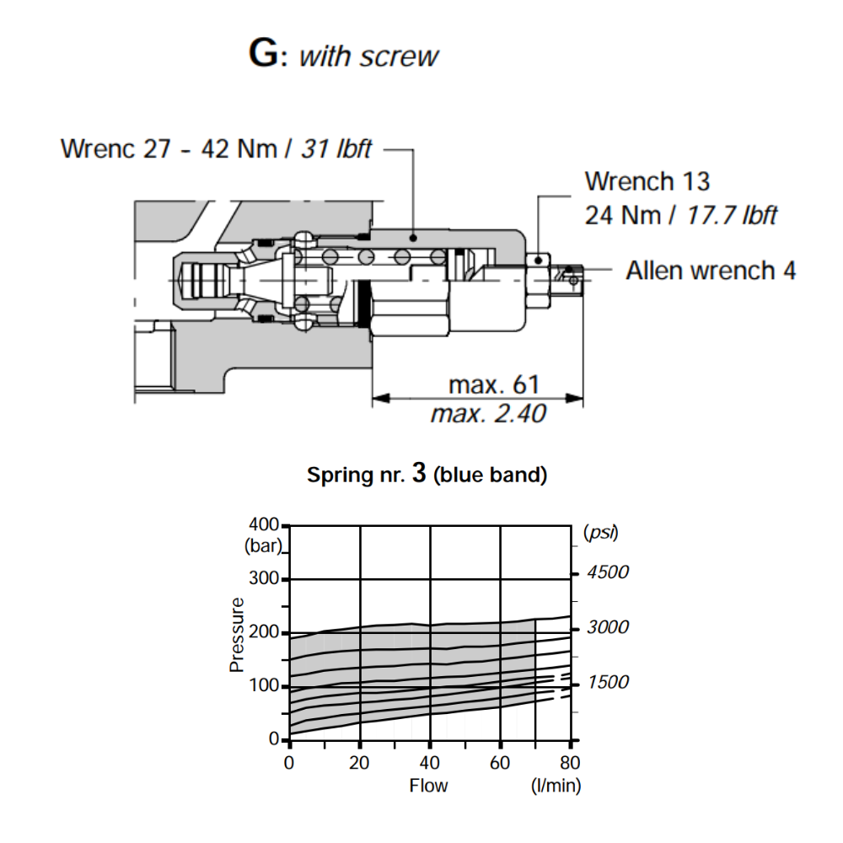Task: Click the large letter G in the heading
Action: point(264,54)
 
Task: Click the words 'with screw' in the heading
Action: point(369,56)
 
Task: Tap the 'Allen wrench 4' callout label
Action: point(710,271)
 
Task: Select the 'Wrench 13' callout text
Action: point(647,181)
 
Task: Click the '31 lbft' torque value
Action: point(335,148)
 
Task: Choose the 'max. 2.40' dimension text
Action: point(487,414)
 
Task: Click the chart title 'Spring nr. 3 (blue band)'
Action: point(427,475)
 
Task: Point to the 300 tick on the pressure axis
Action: point(265,580)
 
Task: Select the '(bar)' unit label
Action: point(262,545)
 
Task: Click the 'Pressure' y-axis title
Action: point(237,635)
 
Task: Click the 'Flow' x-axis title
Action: point(428,786)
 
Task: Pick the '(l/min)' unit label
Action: point(556,786)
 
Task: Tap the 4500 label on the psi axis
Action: point(609,572)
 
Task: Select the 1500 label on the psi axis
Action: point(609,682)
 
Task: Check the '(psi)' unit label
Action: point(600,532)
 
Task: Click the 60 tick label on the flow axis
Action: point(501,764)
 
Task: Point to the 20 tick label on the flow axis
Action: point(360,764)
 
